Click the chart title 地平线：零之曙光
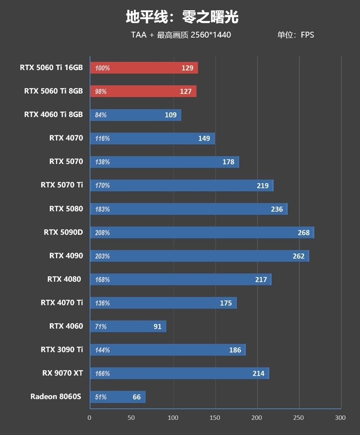(x=182, y=17)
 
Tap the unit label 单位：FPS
(x=295, y=35)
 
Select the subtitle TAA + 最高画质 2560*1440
(x=181, y=35)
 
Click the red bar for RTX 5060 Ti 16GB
(x=144, y=68)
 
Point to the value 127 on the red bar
(x=185, y=91)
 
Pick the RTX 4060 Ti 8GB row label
(x=54, y=114)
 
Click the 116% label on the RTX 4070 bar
(x=102, y=138)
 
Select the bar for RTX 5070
(x=164, y=162)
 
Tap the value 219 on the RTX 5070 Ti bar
(x=262, y=186)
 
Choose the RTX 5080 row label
(x=66, y=208)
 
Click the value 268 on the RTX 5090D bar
(x=304, y=232)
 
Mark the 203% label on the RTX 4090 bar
(x=102, y=256)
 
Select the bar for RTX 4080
(x=180, y=280)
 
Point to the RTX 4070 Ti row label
(x=62, y=303)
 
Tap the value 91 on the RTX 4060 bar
(x=157, y=326)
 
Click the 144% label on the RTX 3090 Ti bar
(x=102, y=350)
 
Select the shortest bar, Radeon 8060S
(x=117, y=397)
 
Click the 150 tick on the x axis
(x=215, y=418)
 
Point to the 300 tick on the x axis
(x=341, y=418)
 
